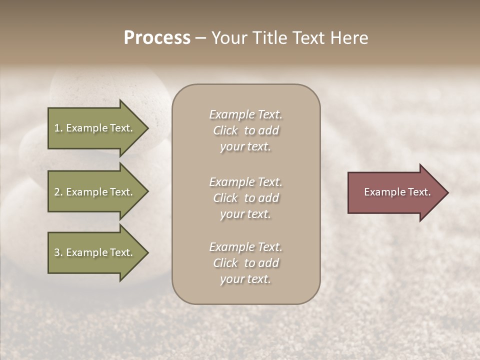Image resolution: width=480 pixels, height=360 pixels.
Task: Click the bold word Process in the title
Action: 157,38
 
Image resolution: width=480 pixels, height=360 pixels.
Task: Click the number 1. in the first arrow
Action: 58,128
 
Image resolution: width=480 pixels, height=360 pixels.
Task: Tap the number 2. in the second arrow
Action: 58,192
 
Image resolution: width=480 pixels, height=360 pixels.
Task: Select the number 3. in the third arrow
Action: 58,252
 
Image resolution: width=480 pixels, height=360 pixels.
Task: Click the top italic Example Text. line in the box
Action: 245,114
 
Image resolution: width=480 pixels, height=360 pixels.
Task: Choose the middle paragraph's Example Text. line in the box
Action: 245,182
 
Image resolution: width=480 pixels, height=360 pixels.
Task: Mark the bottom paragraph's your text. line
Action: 245,279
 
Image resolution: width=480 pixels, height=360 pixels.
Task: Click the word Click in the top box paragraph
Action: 225,130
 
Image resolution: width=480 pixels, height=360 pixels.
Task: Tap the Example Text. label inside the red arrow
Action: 397,192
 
